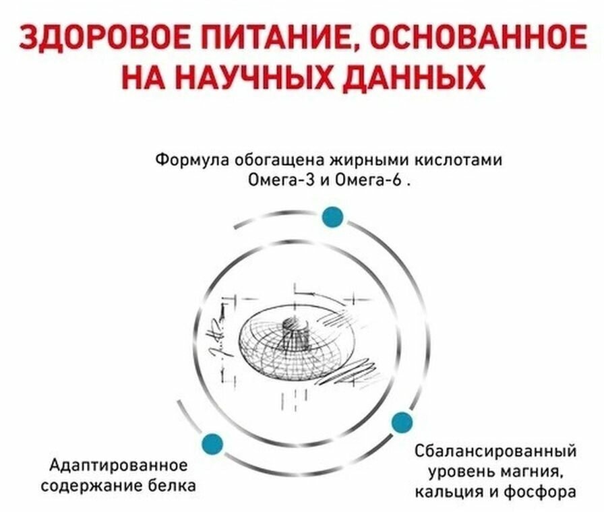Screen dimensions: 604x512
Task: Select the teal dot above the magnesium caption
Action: [402, 422]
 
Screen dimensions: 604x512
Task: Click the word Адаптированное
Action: [118, 466]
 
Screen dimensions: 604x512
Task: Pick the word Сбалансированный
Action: [496, 450]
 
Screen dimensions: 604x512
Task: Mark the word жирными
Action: [362, 161]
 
